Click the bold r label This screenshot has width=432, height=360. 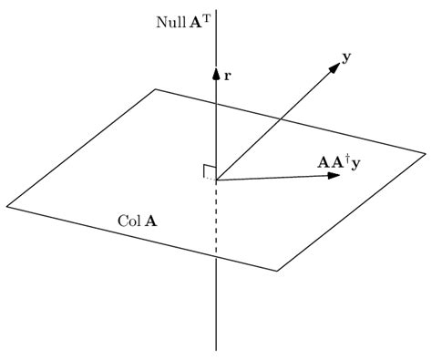[x=227, y=77]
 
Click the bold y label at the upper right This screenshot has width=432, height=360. [x=346, y=57]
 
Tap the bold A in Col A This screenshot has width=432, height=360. [x=149, y=221]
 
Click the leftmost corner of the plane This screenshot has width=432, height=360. [x=7, y=204]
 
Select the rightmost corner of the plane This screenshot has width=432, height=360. [x=425, y=152]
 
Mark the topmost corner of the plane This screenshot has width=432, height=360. [x=157, y=89]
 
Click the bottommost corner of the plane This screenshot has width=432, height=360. [x=277, y=271]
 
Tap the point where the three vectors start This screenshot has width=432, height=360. [x=216, y=180]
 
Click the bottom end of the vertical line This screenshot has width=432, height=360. [x=216, y=349]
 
